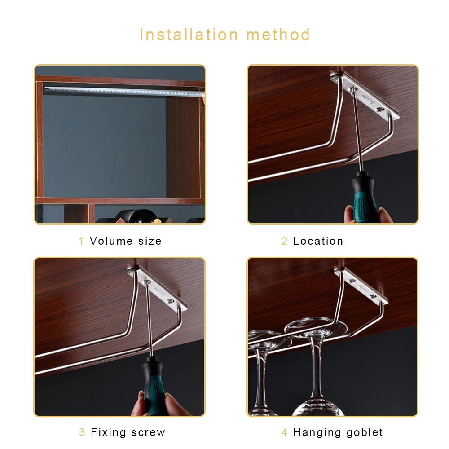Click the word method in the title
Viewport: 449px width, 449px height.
click(x=278, y=35)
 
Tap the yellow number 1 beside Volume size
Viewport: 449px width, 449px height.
click(x=81, y=241)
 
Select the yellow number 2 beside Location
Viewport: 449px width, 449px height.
click(x=284, y=241)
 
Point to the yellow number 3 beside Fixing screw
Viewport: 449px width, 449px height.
click(x=82, y=433)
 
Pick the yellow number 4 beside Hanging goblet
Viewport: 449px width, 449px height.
click(x=284, y=433)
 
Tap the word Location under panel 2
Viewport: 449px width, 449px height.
click(x=318, y=241)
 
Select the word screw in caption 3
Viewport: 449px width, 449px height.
click(x=148, y=433)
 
